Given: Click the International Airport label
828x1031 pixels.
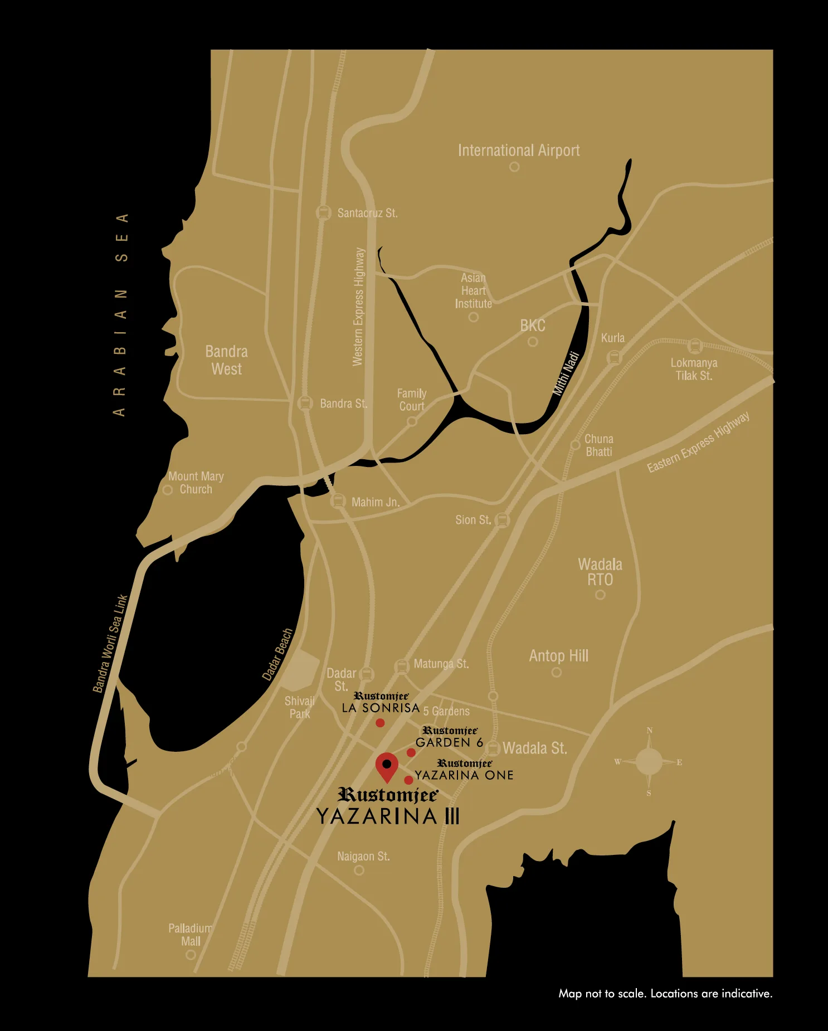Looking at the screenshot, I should (518, 150).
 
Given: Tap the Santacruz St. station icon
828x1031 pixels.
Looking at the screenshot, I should (323, 212).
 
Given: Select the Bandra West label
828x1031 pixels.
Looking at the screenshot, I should (226, 360).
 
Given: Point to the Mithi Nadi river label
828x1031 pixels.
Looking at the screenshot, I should (566, 373).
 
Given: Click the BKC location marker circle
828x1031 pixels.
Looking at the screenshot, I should (533, 342).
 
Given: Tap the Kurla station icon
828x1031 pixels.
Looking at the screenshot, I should (613, 357).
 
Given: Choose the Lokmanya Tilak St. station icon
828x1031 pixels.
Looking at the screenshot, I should (694, 346).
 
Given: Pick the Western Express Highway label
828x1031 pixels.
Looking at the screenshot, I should (358, 307).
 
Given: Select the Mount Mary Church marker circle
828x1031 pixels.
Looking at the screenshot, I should (167, 490).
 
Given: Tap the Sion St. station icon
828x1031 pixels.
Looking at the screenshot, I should (502, 520).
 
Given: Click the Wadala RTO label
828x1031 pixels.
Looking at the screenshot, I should (600, 572).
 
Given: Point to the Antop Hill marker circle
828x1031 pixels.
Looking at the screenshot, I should (556, 672).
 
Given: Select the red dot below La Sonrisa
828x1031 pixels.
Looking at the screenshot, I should (380, 723).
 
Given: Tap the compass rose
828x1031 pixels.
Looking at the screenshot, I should (649, 762).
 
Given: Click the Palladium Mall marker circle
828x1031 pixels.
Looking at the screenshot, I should (191, 955).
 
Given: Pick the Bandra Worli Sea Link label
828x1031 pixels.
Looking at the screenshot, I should (110, 644).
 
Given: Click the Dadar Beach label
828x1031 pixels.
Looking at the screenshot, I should (277, 654).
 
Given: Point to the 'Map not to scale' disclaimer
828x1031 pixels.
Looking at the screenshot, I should (665, 993).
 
